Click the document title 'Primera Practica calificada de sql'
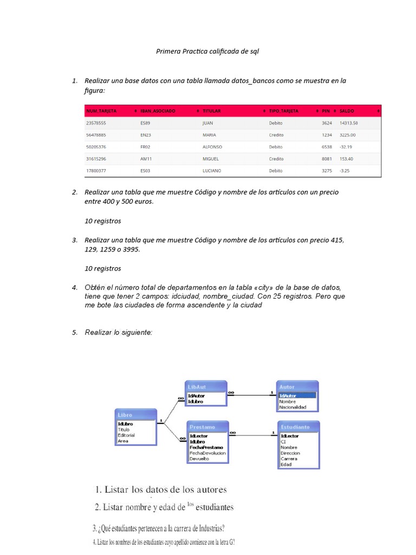point(207,51)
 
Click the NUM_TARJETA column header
point(101,111)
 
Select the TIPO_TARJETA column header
point(283,111)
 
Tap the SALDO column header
point(347,111)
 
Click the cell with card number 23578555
point(96,123)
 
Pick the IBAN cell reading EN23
point(146,135)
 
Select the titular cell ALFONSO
point(212,147)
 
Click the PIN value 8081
point(326,159)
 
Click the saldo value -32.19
point(346,147)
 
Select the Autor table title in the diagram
point(297,387)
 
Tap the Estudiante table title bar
point(298,427)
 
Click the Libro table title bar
point(135,415)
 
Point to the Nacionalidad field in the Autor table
point(292,407)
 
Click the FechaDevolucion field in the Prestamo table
point(207,453)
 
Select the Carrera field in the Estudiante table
point(289,459)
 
